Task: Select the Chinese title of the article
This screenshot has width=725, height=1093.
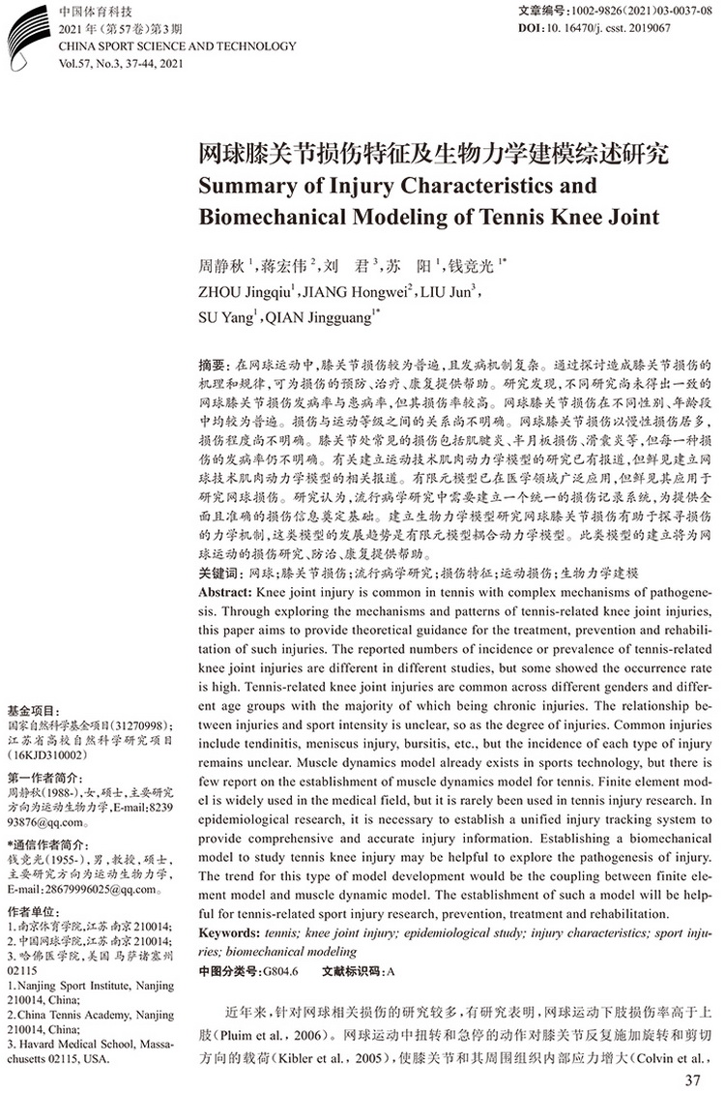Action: [432, 154]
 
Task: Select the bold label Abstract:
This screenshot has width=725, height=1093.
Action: [224, 591]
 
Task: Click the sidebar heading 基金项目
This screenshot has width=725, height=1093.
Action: [34, 711]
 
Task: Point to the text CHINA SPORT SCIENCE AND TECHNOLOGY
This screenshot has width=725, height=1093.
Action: [150, 44]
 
